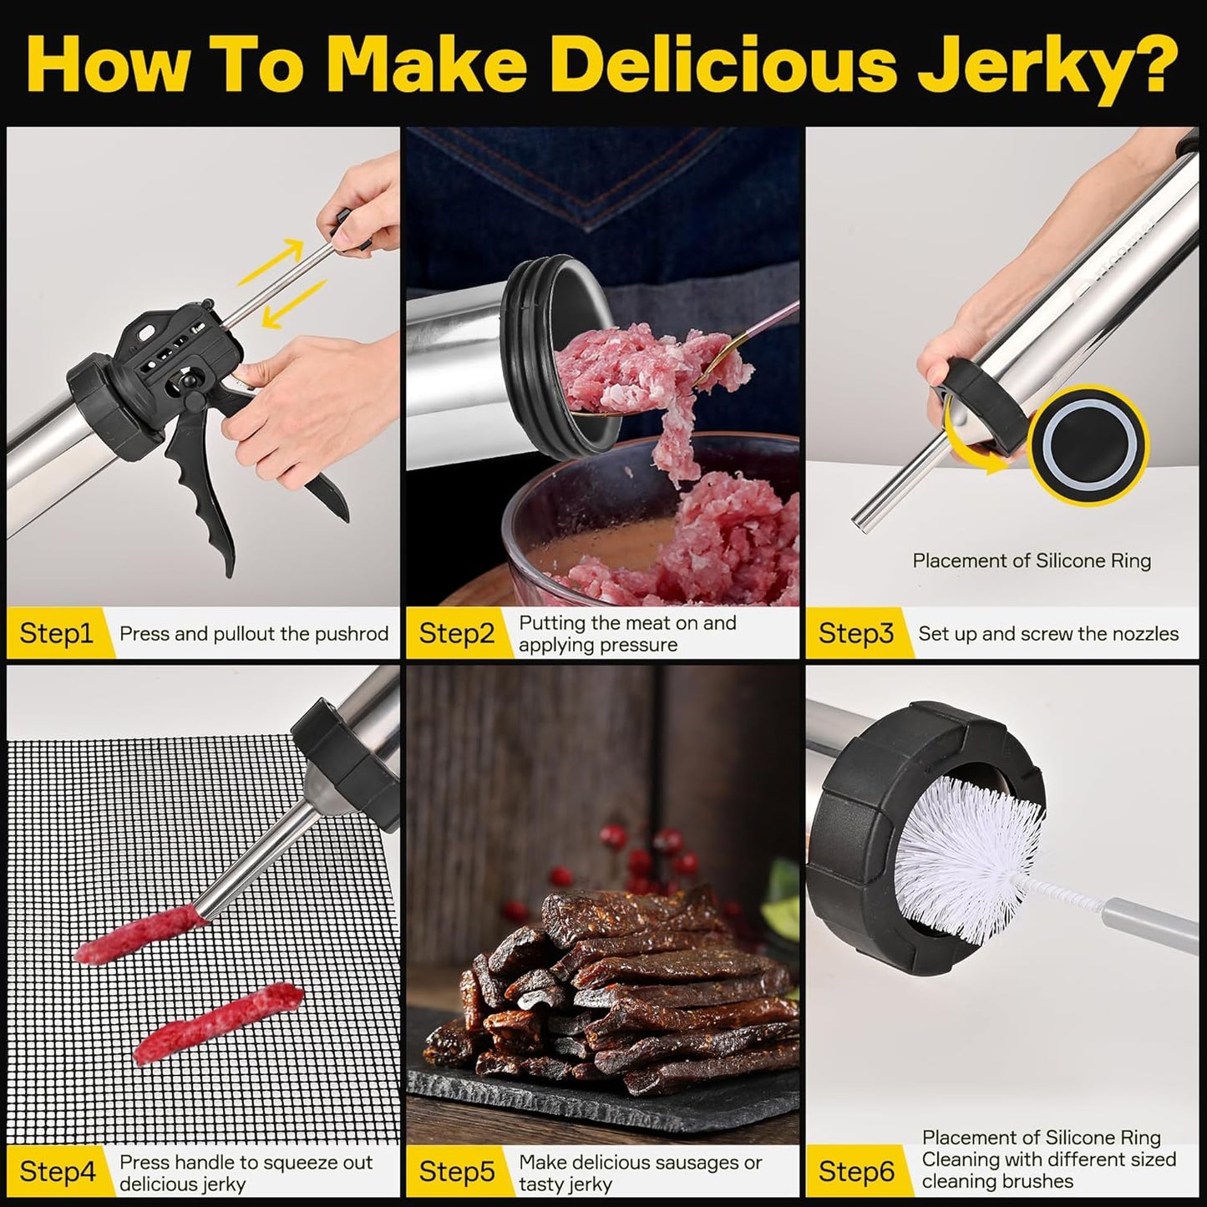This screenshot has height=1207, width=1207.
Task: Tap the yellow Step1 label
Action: point(55,633)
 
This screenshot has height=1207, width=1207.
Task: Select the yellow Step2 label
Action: point(456,633)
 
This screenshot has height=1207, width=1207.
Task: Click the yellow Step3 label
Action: point(855,633)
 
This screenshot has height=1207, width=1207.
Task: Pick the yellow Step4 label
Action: point(55,1171)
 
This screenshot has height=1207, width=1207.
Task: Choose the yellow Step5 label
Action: point(456,1171)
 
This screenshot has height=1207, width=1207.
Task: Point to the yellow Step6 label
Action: point(855,1171)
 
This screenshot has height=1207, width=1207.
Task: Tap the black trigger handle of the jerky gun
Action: point(200,493)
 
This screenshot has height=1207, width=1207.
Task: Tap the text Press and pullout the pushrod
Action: point(254,633)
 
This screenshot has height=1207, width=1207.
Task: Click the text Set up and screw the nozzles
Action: point(1047,633)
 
